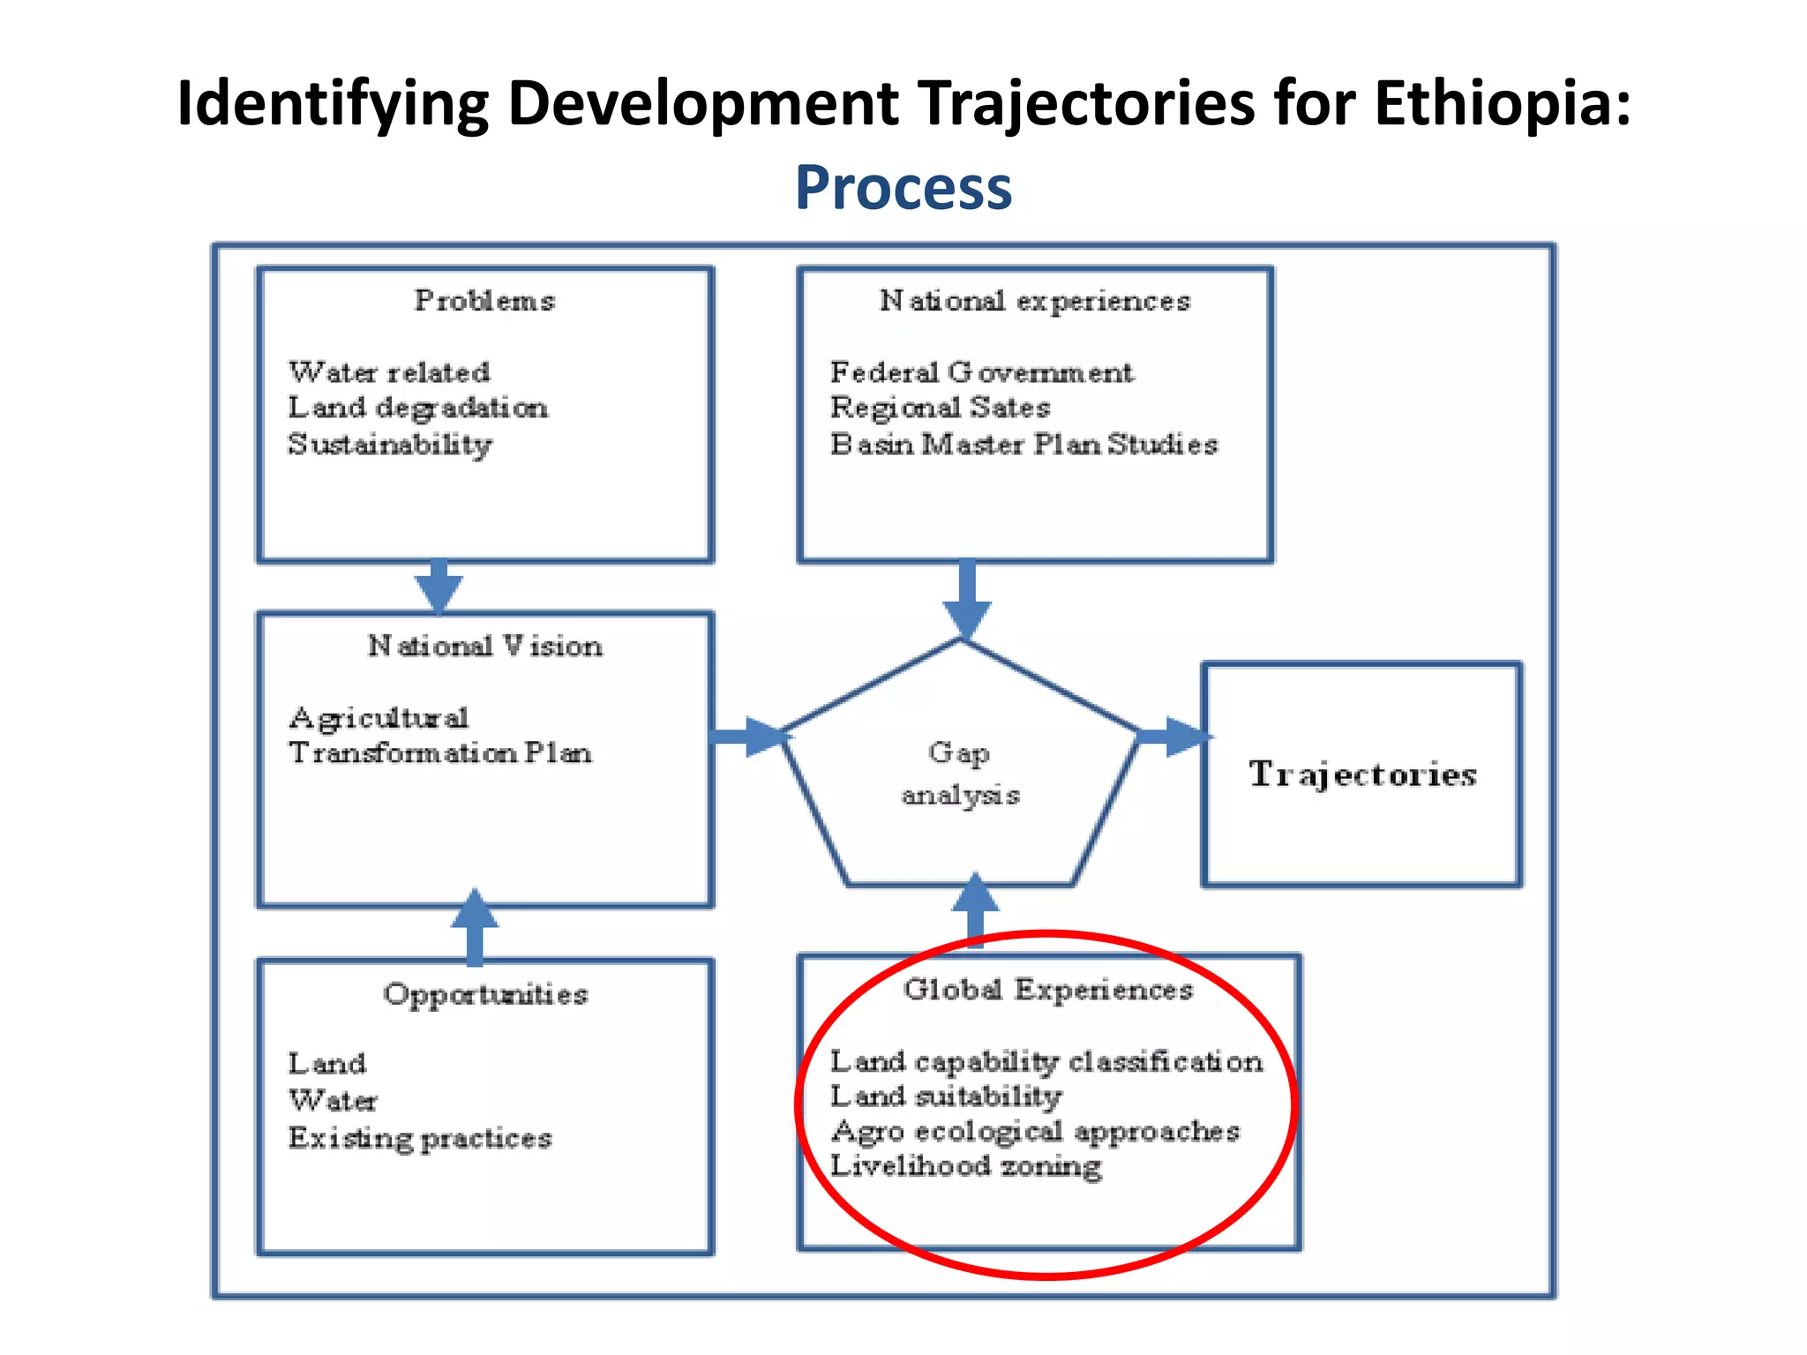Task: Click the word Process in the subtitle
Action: point(903,188)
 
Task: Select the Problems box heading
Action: point(484,301)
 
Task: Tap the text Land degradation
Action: point(417,408)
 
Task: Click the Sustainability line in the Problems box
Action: point(390,444)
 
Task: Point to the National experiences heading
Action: point(1034,301)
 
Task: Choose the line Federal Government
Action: point(980,372)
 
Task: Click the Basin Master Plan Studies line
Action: point(1023,444)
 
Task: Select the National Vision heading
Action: point(484,646)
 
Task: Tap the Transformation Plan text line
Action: point(439,752)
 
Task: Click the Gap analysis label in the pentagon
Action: point(960,773)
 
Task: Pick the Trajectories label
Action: point(1361,774)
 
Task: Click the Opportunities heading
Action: point(484,994)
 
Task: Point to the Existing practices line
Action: point(419,1138)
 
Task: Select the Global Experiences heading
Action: point(1047,990)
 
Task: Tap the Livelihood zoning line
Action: point(965,1165)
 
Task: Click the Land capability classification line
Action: point(1046,1061)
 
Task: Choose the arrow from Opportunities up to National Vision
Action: point(475,926)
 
